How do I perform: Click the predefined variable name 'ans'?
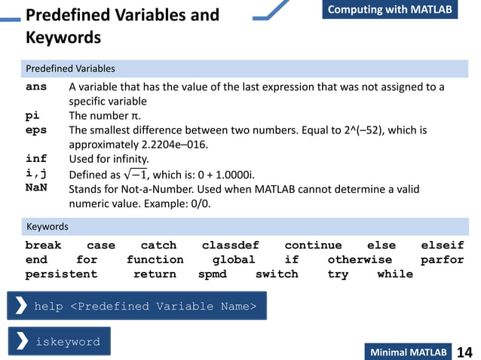pos(36,87)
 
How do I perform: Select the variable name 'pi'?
pos(32,116)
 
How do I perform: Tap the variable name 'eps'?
pos(36,130)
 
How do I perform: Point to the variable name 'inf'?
pos(36,159)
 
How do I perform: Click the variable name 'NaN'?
pos(36,188)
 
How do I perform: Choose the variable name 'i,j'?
pos(36,173)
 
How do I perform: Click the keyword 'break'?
pos(43,246)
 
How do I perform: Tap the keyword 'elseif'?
pos(442,246)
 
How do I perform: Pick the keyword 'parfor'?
pos(442,260)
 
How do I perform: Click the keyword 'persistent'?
pos(61,274)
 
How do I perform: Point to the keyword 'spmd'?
pos(213,274)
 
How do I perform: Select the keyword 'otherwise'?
pos(360,260)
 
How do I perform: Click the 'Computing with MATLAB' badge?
pos(390,10)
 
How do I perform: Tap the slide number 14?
pos(464,352)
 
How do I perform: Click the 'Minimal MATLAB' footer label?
pos(408,352)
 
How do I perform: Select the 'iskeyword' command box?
pos(60,341)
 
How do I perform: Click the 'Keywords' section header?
pos(47,227)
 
